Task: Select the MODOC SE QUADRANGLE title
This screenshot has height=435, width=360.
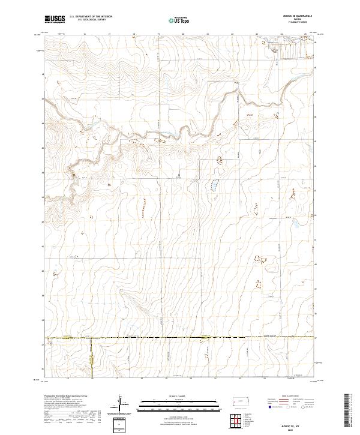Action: point(296,16)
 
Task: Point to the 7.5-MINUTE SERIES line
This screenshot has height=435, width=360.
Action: point(296,23)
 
